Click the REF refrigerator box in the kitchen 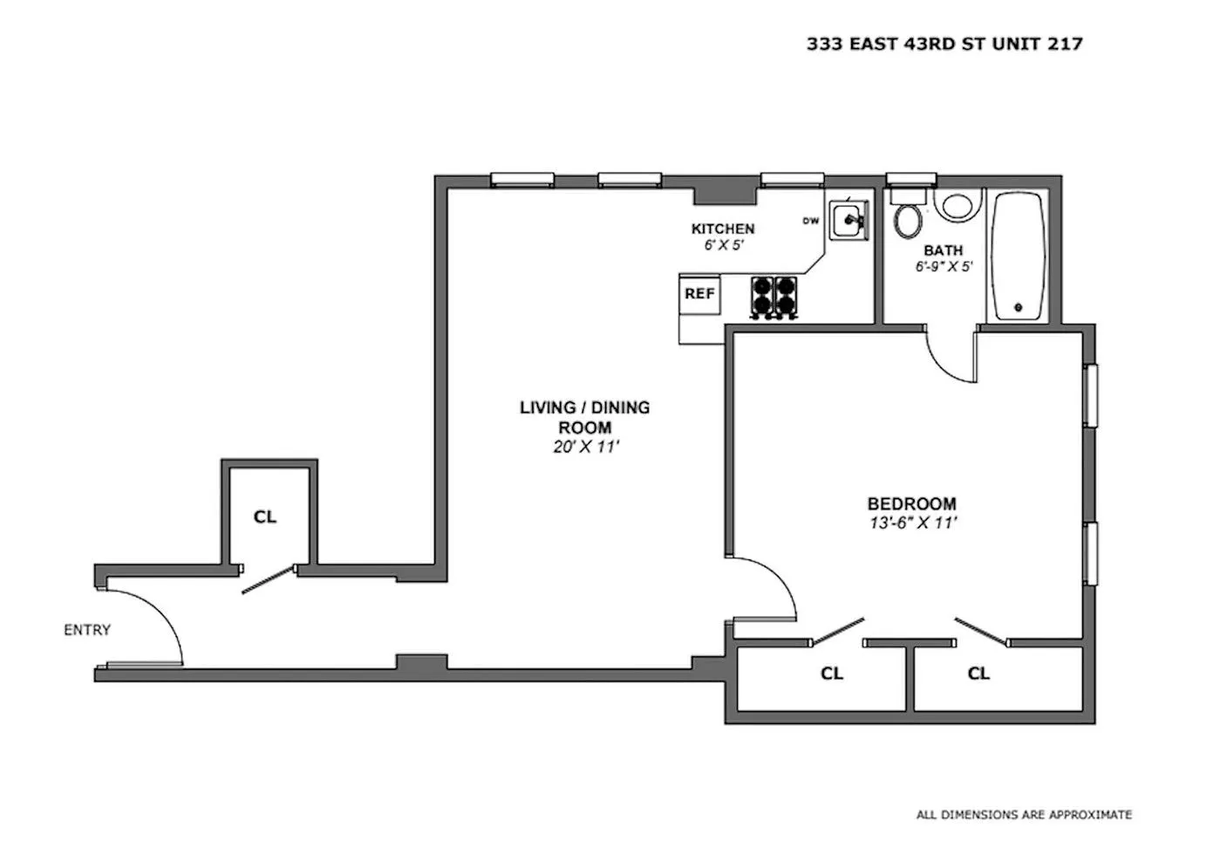pyautogui.click(x=699, y=294)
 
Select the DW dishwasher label pyautogui.click(x=811, y=221)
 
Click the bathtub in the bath pyautogui.click(x=1018, y=256)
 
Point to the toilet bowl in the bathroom pyautogui.click(x=909, y=221)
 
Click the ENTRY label pyautogui.click(x=87, y=630)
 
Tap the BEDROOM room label pyautogui.click(x=912, y=504)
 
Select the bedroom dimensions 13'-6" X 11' pyautogui.click(x=913, y=523)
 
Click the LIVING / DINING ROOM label pyautogui.click(x=585, y=417)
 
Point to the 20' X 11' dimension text pyautogui.click(x=585, y=447)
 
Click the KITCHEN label pyautogui.click(x=723, y=229)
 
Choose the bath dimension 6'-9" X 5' pyautogui.click(x=944, y=267)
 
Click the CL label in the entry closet pyautogui.click(x=265, y=516)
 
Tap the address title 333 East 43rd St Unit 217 pyautogui.click(x=944, y=44)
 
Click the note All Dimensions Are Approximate pyautogui.click(x=1024, y=830)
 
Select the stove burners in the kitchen pyautogui.click(x=773, y=297)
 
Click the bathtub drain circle pyautogui.click(x=1018, y=307)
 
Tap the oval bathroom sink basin pyautogui.click(x=962, y=205)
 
